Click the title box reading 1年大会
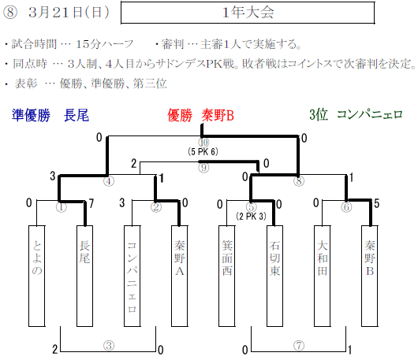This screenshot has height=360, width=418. [248, 13]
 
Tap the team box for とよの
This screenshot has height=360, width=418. [37, 276]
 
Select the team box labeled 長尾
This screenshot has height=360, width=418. [84, 276]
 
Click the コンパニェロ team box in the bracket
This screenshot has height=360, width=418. [132, 276]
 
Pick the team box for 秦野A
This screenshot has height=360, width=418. [180, 276]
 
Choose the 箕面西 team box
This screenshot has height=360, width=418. [227, 276]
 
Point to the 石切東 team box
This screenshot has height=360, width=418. [274, 276]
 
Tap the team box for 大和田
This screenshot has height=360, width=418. [323, 276]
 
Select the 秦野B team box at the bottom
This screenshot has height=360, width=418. [370, 276]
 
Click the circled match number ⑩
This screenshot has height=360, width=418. [203, 143]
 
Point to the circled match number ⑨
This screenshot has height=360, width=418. [203, 168]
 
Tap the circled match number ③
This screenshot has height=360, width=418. [109, 346]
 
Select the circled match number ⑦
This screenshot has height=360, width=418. [299, 346]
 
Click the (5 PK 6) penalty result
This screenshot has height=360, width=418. [203, 152]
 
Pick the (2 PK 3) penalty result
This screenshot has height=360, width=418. [251, 217]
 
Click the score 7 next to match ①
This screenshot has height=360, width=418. [91, 204]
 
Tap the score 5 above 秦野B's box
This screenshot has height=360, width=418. [376, 204]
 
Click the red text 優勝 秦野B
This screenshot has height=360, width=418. [201, 116]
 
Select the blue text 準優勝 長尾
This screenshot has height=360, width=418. [50, 116]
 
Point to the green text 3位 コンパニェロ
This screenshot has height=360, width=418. [356, 115]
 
